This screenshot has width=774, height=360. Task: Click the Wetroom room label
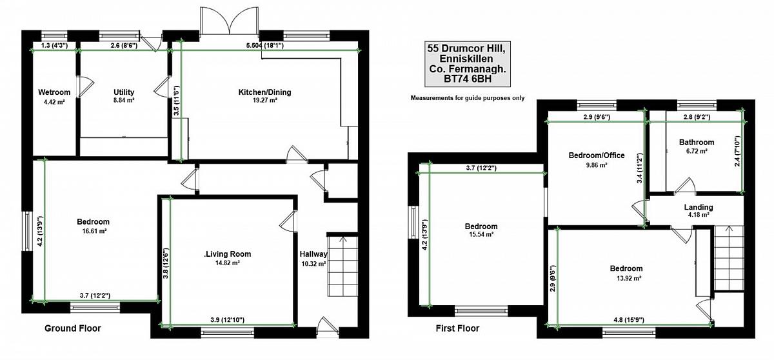pyautogui.click(x=54, y=92)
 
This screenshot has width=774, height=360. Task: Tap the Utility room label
pyautogui.click(x=124, y=92)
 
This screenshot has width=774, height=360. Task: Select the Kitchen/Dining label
pyautogui.click(x=264, y=92)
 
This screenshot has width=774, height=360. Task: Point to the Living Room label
pyautogui.click(x=228, y=254)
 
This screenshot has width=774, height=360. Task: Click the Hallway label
pyautogui.click(x=313, y=254)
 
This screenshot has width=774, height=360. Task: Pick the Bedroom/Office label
pyautogui.click(x=597, y=155)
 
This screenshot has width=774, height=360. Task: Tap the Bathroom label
pyautogui.click(x=697, y=143)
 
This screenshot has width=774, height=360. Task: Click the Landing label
pyautogui.click(x=699, y=207)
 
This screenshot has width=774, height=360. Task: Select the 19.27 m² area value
pyautogui.click(x=264, y=101)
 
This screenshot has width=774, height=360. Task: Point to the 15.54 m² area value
pyautogui.click(x=481, y=234)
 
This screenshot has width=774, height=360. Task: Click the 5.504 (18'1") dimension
pyautogui.click(x=264, y=45)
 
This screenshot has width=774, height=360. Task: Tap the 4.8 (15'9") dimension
pyautogui.click(x=628, y=320)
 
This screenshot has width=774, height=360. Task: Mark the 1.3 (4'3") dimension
pyautogui.click(x=54, y=45)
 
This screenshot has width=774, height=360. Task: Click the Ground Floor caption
pyautogui.click(x=73, y=328)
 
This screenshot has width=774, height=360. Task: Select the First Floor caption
pyautogui.click(x=457, y=328)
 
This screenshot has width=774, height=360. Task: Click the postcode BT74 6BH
pyautogui.click(x=468, y=79)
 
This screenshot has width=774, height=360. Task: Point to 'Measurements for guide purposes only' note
pyautogui.click(x=468, y=98)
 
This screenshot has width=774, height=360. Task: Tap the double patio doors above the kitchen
pyautogui.click(x=229, y=21)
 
